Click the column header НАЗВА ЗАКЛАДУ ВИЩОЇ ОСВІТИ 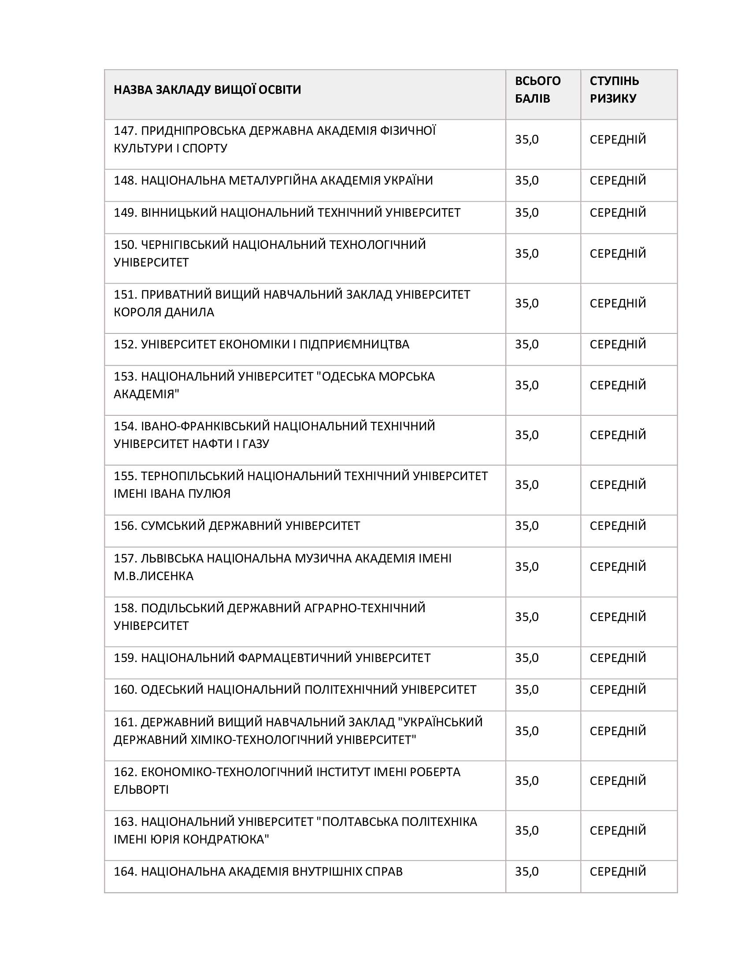207,89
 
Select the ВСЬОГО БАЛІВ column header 538,89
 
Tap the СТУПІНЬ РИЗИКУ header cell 614,89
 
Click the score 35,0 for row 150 527,253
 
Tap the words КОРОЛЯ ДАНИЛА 164,312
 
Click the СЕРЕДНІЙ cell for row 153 618,385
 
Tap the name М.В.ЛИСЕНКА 153,576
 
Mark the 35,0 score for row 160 527,689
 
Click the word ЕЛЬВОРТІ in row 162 141,789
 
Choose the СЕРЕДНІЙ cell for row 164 618,871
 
